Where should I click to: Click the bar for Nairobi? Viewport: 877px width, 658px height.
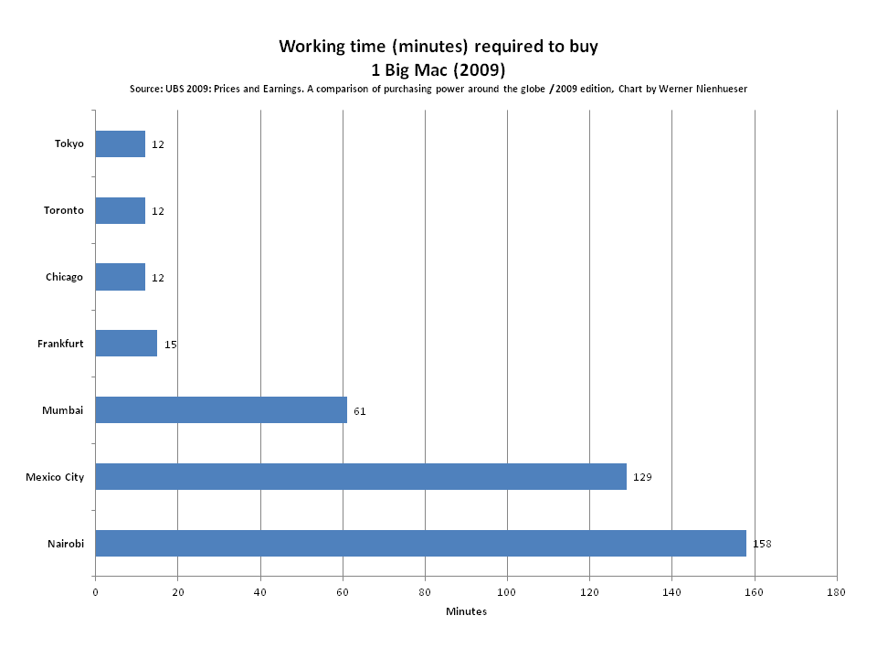coord(420,543)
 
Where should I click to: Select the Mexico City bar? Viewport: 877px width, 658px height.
coord(361,476)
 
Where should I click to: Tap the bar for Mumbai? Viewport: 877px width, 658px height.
coord(221,409)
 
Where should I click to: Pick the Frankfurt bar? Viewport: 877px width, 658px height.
coord(126,344)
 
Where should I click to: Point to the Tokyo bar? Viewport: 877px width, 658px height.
coord(120,143)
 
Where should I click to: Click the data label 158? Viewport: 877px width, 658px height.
coord(762,544)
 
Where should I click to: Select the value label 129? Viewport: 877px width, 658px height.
coord(642,477)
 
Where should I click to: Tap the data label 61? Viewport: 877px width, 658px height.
coord(360,411)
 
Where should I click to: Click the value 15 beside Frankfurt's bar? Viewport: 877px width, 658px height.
coord(171,345)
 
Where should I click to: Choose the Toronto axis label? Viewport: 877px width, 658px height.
coord(64,210)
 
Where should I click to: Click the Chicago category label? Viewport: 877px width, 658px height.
coord(64,277)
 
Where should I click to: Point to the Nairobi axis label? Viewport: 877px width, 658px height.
coord(66,544)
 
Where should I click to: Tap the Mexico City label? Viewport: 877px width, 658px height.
coord(55,477)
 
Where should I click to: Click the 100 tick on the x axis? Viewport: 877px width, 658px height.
coord(507,592)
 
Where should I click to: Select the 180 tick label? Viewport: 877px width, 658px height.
coord(837,592)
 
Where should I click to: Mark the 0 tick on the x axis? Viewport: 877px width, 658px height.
coord(95,592)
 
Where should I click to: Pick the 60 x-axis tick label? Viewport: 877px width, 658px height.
coord(343,592)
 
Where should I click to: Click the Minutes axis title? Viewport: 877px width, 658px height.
coord(466,611)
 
